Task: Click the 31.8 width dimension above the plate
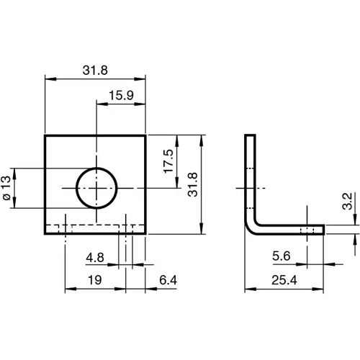click(x=95, y=71)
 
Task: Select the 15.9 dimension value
click(x=121, y=96)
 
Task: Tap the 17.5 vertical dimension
click(x=168, y=162)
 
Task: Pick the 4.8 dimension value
click(x=94, y=257)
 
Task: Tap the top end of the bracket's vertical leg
click(x=250, y=136)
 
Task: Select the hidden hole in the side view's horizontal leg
click(x=307, y=230)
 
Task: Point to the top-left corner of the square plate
click(x=45, y=135)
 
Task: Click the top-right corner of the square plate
click(x=145, y=135)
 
